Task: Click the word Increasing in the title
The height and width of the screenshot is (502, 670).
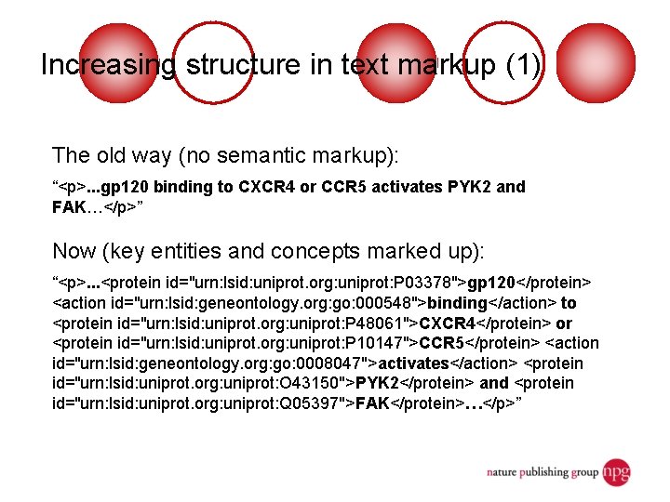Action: [107, 65]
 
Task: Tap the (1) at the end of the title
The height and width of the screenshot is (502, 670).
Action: [521, 65]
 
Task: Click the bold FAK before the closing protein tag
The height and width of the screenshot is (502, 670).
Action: [372, 403]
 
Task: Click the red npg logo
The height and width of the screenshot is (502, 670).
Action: [615, 470]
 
